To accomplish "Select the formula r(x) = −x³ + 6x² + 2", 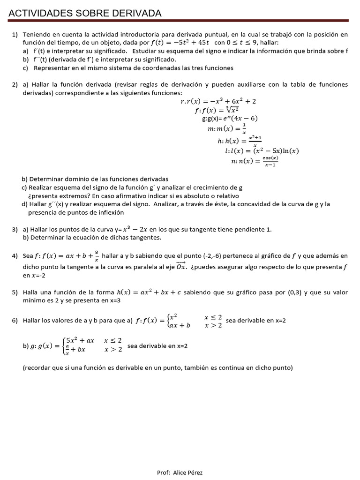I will pyautogui.click(x=218, y=101).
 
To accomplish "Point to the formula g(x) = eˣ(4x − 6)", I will pyautogui.click(x=230, y=119).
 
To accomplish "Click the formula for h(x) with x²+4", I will pyautogui.click(x=239, y=141).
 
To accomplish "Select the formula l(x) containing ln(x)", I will pyautogui.click(x=262, y=151).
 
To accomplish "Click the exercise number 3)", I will pyautogui.click(x=15, y=229).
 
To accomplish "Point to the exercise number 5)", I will pyautogui.click(x=15, y=292).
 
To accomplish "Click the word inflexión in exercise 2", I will pyautogui.click(x=110, y=212).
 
